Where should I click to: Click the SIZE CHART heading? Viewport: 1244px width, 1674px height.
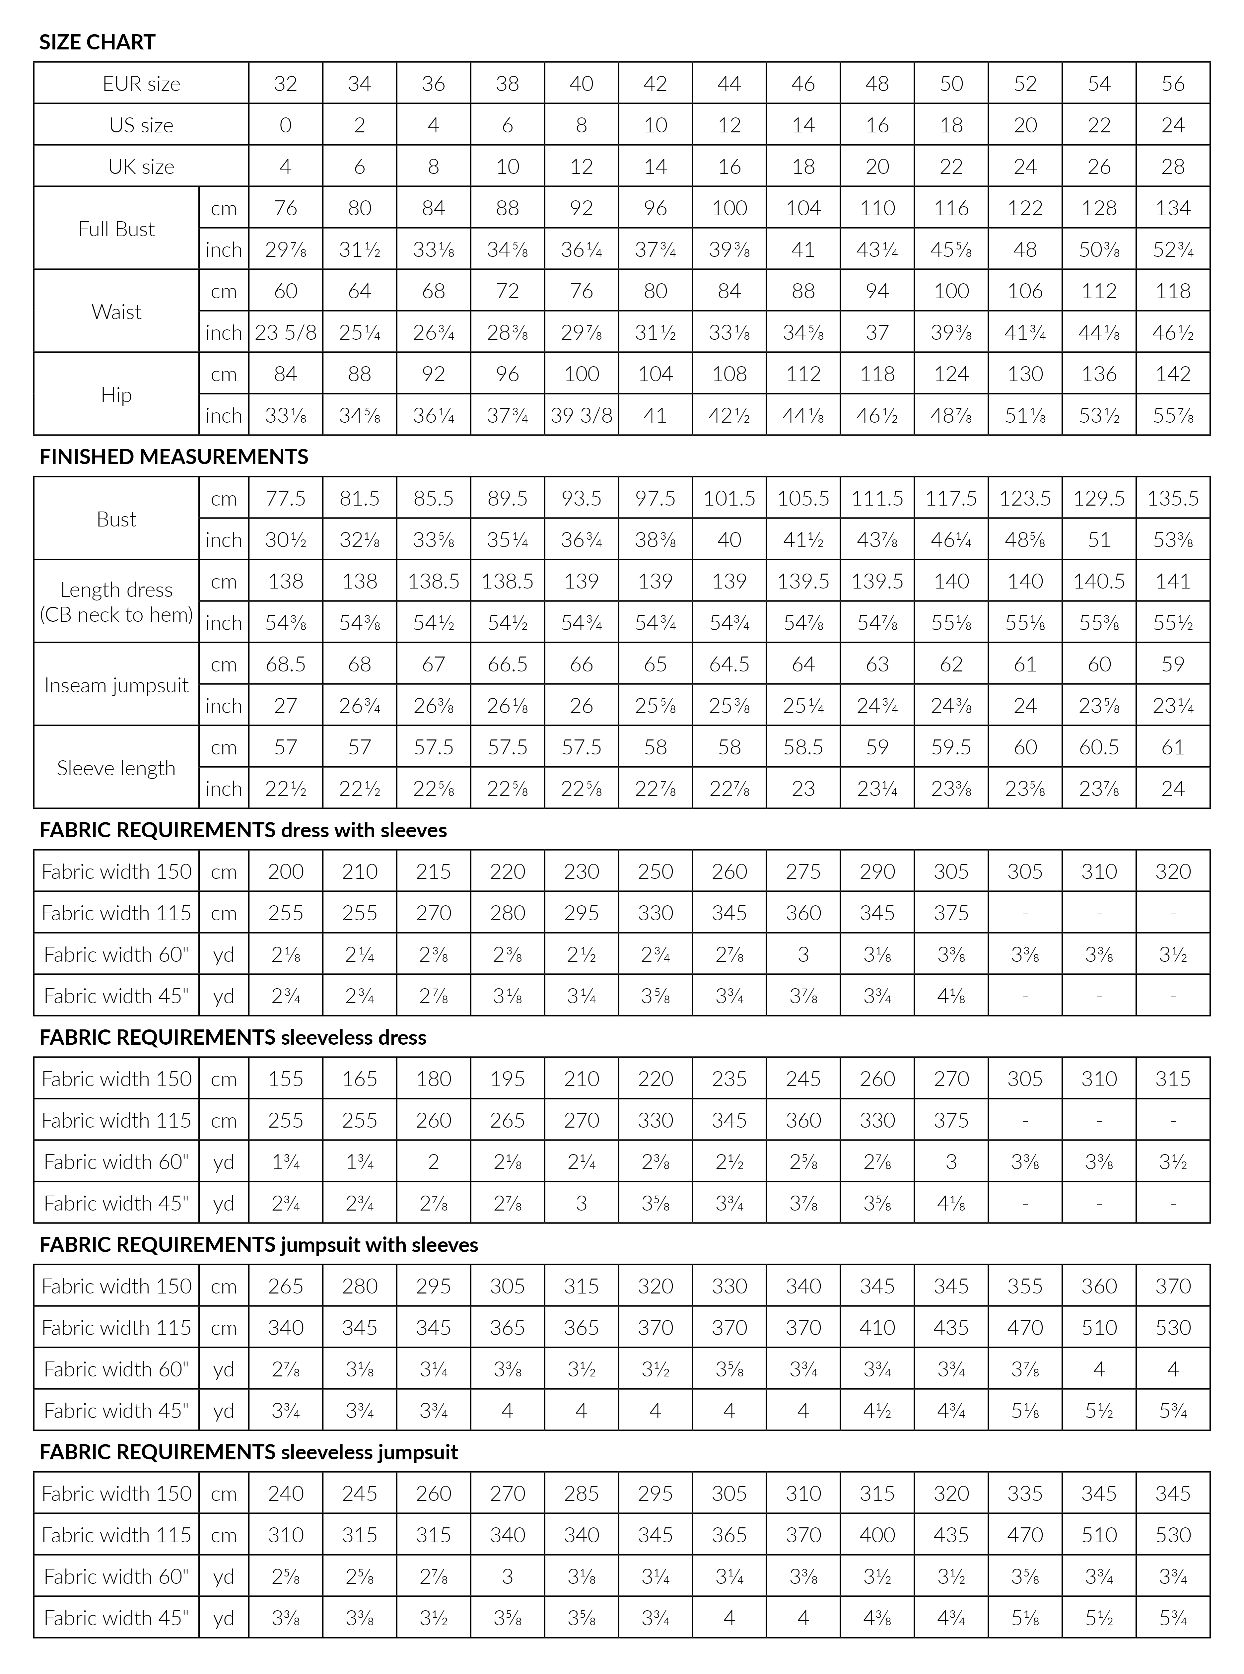[97, 42]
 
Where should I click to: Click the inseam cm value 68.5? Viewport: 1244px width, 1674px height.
[285, 664]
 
